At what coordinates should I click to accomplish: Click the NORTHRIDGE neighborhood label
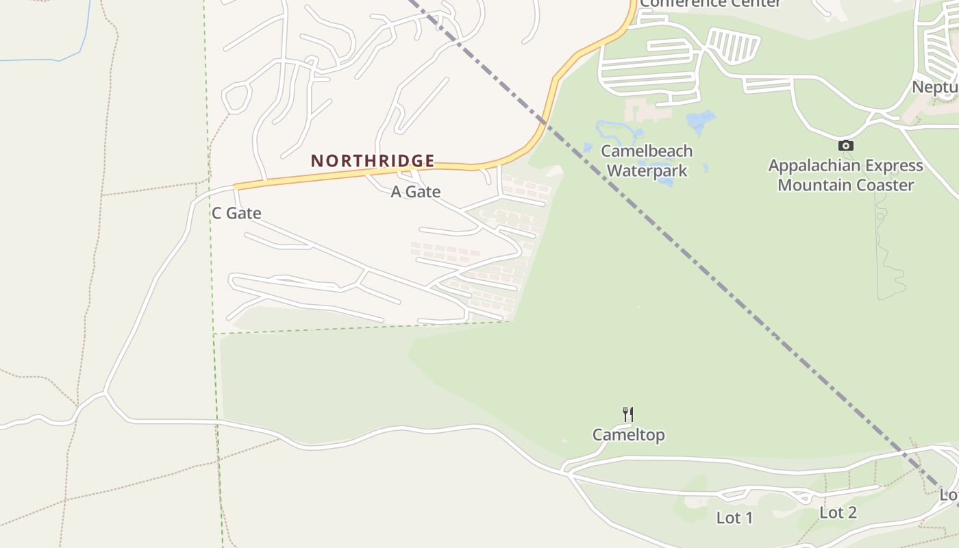click(x=373, y=161)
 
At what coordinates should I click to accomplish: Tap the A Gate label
click(x=415, y=192)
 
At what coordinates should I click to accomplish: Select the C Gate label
click(x=236, y=213)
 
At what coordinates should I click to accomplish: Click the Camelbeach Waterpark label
click(x=647, y=160)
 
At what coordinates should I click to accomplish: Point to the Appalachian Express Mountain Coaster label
click(x=845, y=175)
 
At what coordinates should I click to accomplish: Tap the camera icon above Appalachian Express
click(x=846, y=145)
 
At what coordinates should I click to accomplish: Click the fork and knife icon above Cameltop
click(x=628, y=414)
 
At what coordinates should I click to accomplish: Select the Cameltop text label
click(x=628, y=435)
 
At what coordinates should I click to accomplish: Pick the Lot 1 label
click(x=734, y=518)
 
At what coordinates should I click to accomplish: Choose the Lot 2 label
click(x=838, y=512)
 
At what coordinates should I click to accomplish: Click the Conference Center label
click(x=710, y=3)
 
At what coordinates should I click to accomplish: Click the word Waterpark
click(x=647, y=170)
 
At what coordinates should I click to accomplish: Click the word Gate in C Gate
click(x=244, y=213)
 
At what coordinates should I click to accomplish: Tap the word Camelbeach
click(x=647, y=151)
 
